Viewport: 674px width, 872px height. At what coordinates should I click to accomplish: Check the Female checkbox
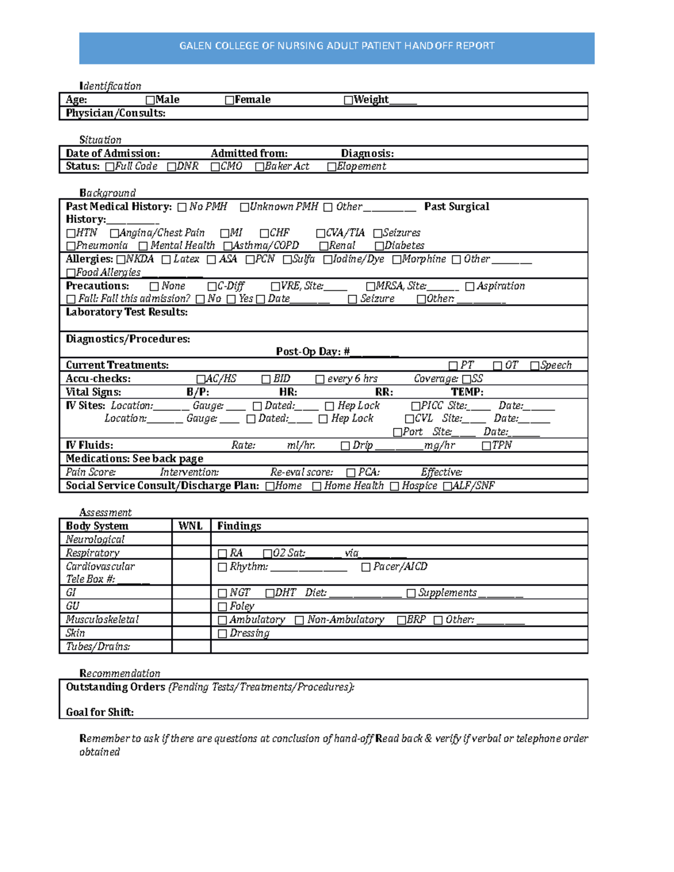(229, 101)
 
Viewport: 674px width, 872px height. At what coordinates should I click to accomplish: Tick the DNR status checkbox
(171, 167)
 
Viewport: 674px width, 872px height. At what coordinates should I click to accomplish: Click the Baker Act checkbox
(259, 167)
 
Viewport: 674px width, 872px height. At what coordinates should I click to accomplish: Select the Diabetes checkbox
(379, 246)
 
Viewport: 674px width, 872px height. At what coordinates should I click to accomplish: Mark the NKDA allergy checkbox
(121, 259)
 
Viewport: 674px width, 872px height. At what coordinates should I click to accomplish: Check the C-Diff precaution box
(212, 286)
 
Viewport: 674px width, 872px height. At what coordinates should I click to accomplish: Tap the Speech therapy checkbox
(535, 366)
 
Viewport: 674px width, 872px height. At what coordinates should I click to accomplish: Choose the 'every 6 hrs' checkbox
(320, 380)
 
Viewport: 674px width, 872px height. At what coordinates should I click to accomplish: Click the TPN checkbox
(486, 446)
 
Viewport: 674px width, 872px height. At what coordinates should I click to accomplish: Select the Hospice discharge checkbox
(394, 486)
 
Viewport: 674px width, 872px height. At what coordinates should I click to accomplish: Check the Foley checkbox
(222, 607)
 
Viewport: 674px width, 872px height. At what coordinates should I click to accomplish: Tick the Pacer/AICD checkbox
(366, 567)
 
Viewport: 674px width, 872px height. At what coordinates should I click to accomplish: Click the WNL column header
(190, 526)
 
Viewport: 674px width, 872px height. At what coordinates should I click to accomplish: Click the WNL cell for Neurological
(191, 539)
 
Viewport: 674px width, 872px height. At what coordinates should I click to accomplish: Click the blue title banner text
(337, 46)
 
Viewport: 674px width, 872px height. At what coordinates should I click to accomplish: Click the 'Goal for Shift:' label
(100, 713)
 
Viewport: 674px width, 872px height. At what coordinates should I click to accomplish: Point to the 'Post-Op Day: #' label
(313, 352)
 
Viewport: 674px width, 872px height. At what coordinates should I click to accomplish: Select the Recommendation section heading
(120, 673)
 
